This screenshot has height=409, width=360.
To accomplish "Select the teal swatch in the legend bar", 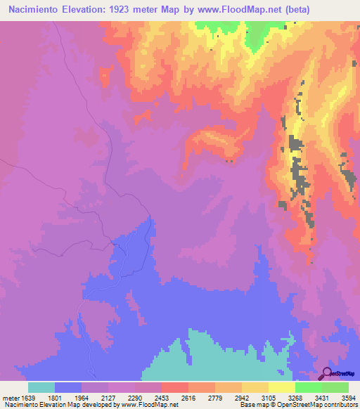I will (x=41, y=387).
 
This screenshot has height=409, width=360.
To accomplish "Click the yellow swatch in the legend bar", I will (x=281, y=387).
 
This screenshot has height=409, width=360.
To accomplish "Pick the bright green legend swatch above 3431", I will (x=308, y=387).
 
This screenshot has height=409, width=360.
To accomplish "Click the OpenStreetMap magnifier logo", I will (x=328, y=375).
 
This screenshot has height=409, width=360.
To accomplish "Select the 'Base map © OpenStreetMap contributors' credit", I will (x=297, y=404).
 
